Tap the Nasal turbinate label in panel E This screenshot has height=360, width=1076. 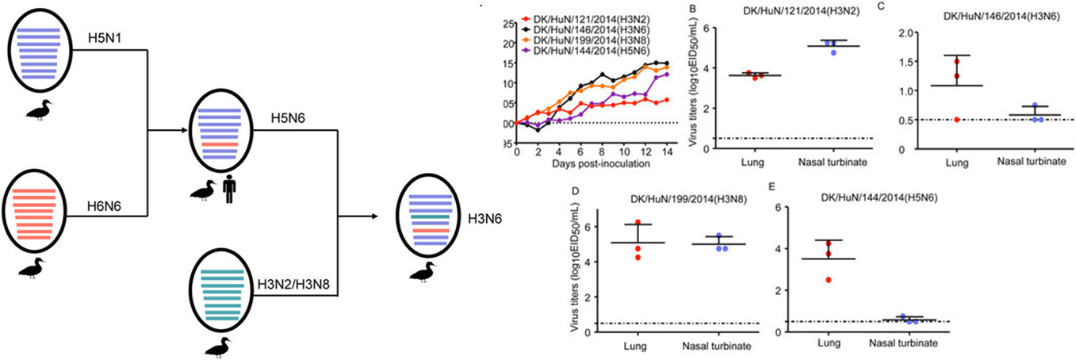point(903,343)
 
